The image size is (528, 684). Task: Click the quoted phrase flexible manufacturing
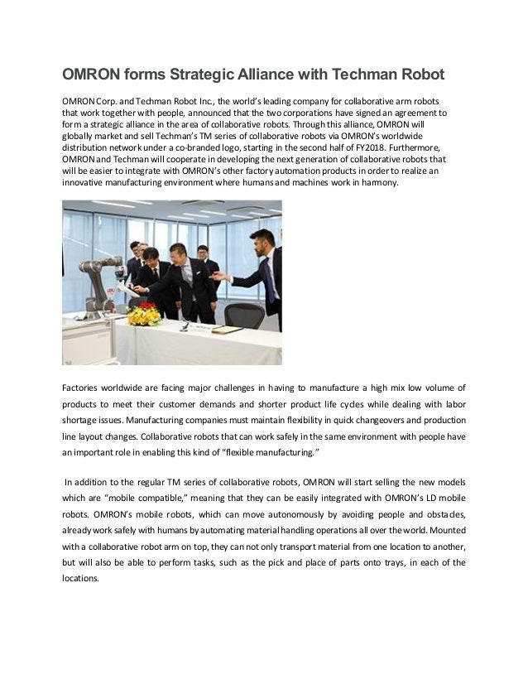click(x=270, y=452)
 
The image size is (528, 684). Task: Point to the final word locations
click(x=80, y=579)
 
